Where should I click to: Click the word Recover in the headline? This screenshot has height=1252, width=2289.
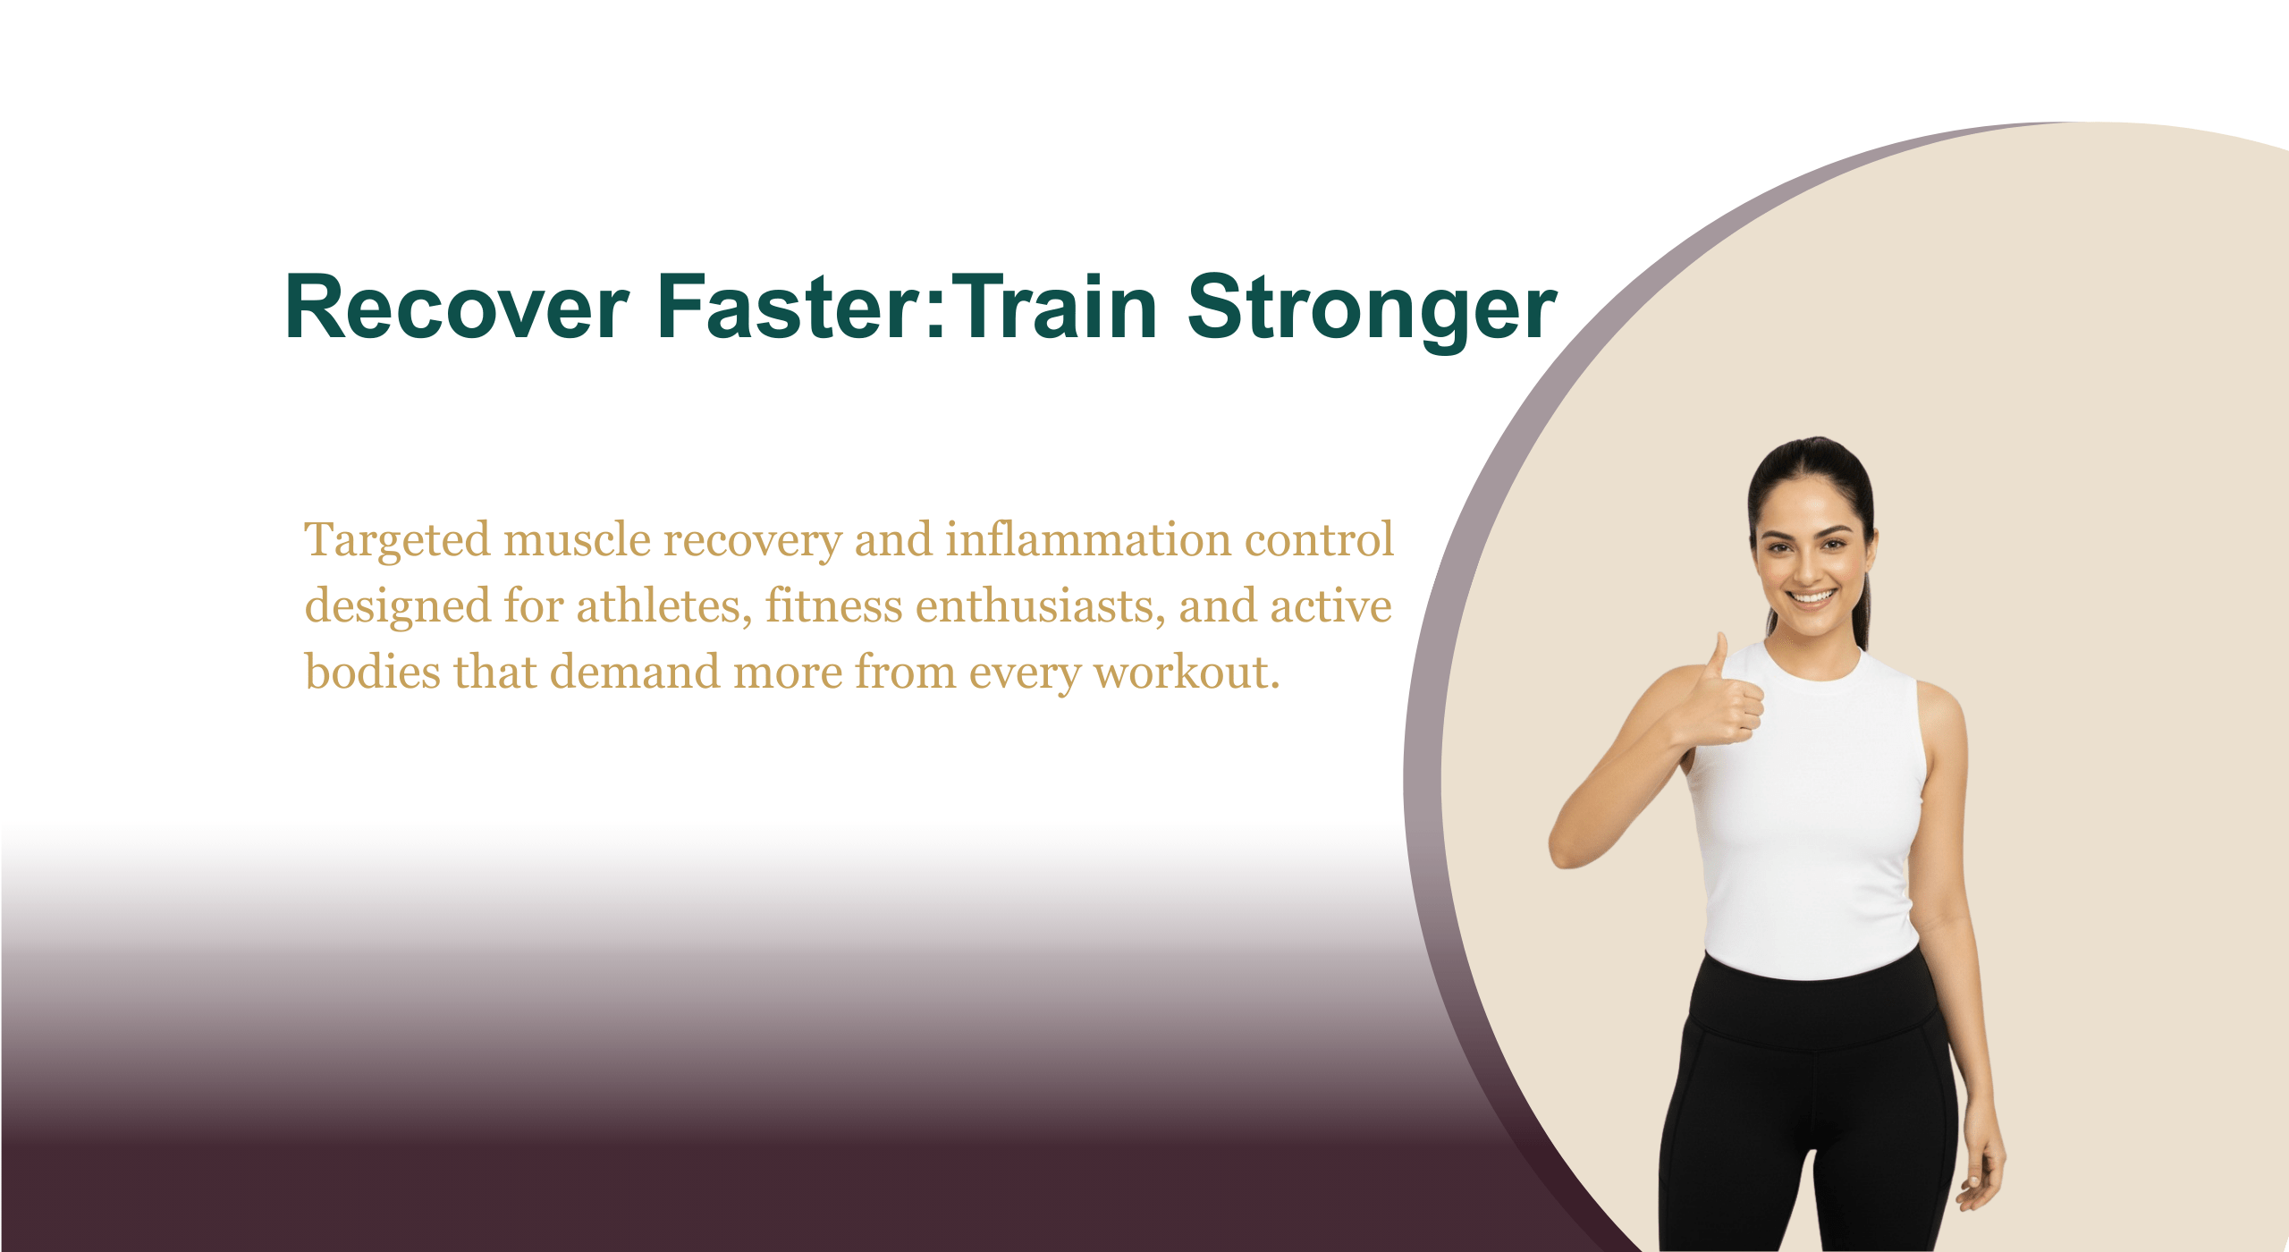457,308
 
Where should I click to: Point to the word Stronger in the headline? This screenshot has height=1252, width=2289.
1373,312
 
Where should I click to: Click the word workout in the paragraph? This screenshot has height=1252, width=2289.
1187,673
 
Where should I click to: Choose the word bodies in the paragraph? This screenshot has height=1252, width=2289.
373,673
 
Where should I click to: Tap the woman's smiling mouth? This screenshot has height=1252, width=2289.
1812,596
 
